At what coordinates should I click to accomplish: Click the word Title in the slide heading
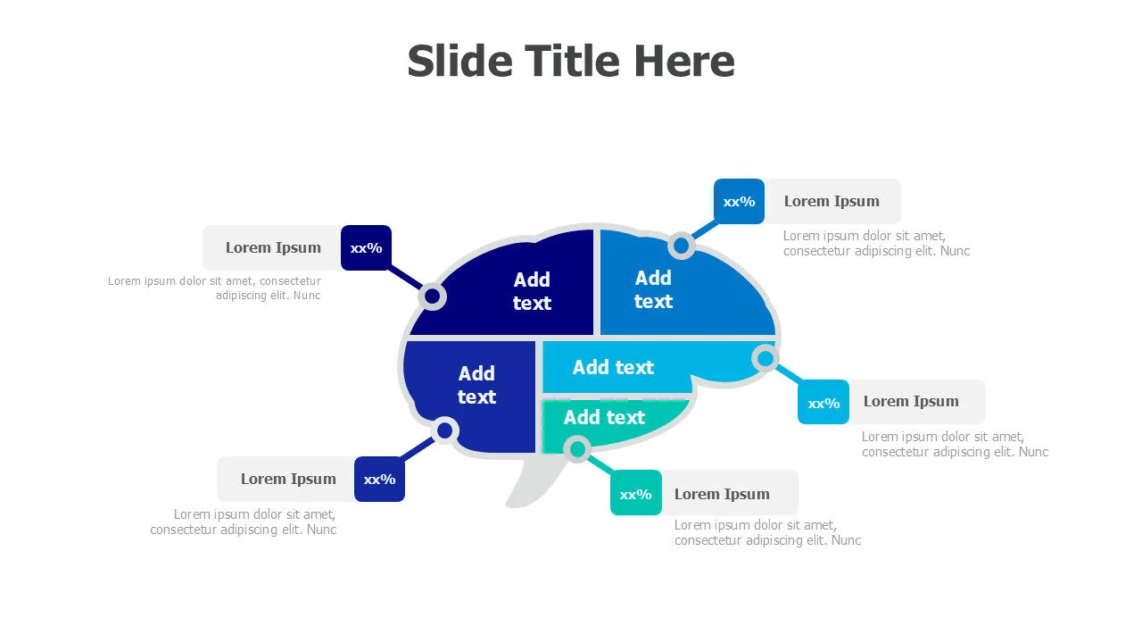coord(571,62)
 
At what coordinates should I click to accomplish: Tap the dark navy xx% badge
coord(366,247)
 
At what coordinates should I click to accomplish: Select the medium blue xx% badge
coord(739,201)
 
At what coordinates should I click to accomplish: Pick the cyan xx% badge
coord(823,403)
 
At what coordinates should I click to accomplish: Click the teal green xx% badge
coord(636,493)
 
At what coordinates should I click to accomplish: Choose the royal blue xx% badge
coord(379,479)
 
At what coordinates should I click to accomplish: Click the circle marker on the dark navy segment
coord(433,296)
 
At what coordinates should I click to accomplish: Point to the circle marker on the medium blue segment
coord(681,245)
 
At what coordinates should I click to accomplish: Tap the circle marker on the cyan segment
coord(765,358)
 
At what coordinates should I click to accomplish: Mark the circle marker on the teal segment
coord(577,448)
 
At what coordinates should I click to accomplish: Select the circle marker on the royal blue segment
coord(444,431)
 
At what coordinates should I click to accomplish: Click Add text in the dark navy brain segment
coord(532,291)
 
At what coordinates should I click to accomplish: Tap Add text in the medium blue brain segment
coord(653,289)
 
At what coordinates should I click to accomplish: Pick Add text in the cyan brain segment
coord(613,367)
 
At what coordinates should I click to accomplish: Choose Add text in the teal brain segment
coord(604,417)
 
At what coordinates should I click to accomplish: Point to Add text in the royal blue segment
coord(476,385)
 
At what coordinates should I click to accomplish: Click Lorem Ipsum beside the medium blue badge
coord(832,201)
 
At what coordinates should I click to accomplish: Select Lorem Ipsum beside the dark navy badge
coord(273,247)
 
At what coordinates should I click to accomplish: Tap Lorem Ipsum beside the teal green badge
coord(722,494)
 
